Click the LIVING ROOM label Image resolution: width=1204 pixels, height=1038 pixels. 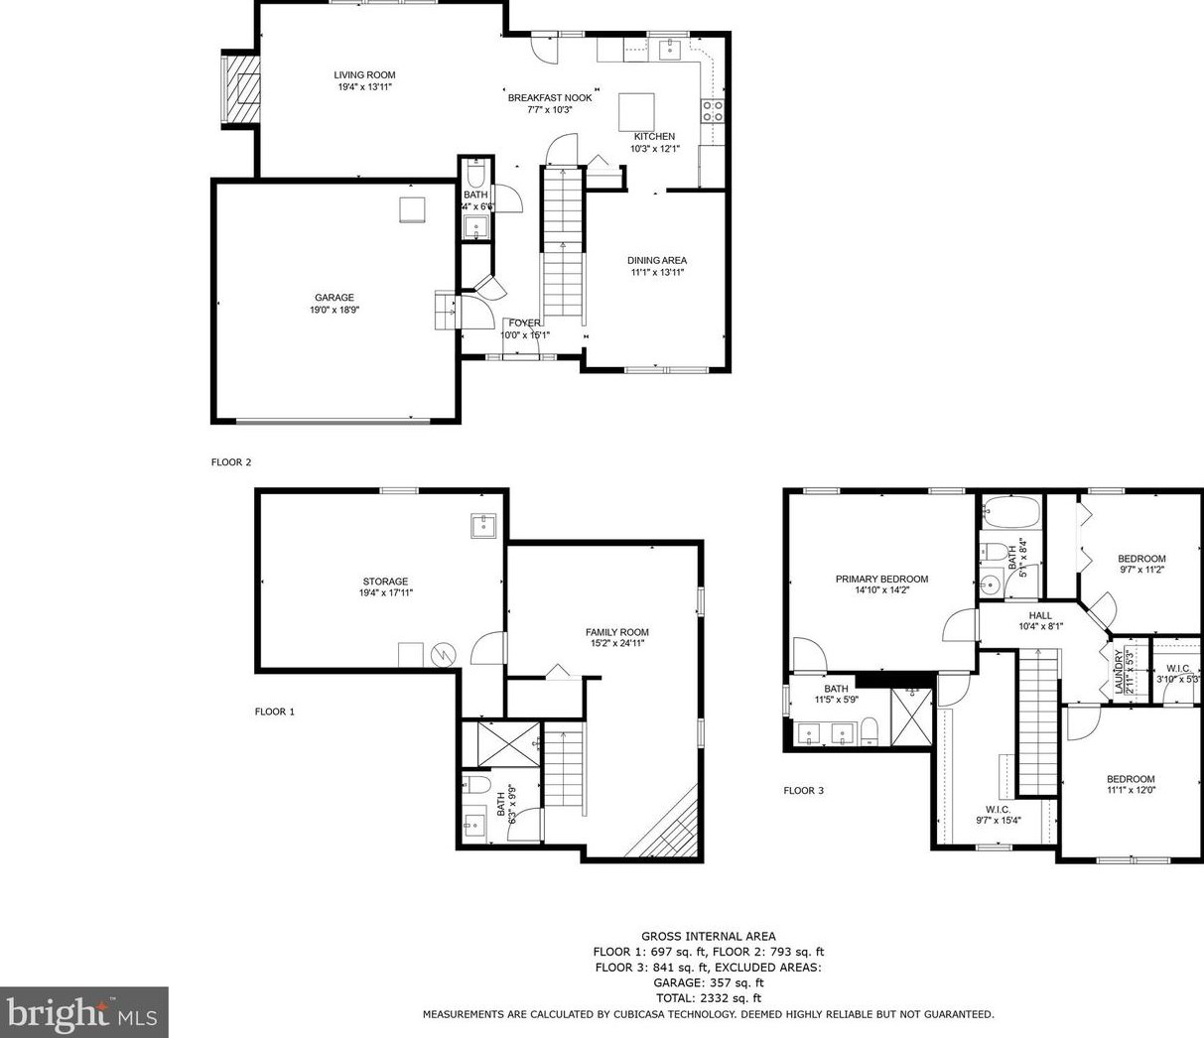point(364,75)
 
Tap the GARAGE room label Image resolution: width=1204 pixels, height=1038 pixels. point(334,298)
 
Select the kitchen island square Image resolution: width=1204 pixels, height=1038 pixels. point(637,107)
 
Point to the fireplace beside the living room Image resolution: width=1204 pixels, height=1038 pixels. point(241,89)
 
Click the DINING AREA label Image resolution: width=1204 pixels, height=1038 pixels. point(656,261)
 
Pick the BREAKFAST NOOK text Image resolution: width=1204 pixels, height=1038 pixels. point(550,98)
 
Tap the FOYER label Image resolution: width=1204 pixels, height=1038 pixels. point(524,324)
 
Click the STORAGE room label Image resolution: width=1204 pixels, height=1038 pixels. point(384,582)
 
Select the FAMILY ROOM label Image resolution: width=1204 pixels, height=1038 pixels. point(616,632)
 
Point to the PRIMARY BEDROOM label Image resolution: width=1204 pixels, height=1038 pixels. point(881,580)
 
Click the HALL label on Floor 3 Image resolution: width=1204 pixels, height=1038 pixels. point(1040,616)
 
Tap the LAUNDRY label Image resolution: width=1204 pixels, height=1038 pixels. point(1119,672)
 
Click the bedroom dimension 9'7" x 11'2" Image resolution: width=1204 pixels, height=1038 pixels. point(1141,570)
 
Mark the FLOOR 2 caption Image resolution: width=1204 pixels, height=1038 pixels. point(231,462)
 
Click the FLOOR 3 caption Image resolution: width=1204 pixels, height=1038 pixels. point(803,791)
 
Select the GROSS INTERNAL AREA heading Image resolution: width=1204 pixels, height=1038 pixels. point(708,936)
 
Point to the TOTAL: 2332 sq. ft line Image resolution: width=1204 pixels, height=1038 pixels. point(708,998)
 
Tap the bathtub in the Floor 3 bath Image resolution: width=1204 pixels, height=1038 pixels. point(1010,513)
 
